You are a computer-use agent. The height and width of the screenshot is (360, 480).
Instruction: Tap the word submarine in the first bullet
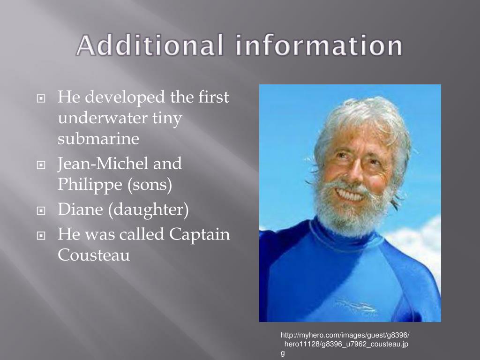point(98,139)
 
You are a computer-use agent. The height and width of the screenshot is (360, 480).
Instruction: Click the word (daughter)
point(149,210)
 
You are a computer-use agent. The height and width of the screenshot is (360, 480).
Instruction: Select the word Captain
point(200,234)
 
